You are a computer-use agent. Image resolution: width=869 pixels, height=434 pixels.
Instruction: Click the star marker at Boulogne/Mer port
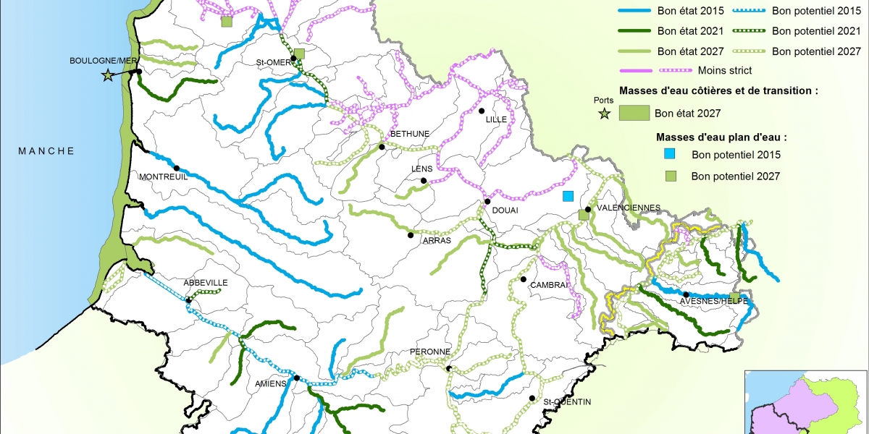108,75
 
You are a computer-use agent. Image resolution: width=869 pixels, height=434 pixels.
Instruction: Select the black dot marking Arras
411,235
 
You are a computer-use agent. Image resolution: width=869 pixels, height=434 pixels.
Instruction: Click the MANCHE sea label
46,151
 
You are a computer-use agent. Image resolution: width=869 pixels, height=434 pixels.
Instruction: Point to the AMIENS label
272,385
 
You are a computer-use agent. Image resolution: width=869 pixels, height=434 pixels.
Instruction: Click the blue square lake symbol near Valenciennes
568,196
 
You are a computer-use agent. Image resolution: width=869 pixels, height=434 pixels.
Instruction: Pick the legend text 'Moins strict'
725,70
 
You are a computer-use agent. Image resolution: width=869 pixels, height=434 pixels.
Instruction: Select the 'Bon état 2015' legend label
690,12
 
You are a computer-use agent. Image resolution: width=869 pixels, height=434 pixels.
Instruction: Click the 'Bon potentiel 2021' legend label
816,32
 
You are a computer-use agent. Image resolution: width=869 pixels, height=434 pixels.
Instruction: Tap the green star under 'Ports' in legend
603,113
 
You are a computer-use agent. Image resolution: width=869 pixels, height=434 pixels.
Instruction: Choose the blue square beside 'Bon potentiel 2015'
670,153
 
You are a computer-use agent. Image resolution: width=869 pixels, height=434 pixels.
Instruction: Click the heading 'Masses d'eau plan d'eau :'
721,136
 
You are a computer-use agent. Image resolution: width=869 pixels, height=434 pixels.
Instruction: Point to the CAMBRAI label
547,285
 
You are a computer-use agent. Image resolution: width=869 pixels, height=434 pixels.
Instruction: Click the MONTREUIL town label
162,176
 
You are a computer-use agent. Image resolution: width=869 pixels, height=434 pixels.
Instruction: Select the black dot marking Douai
488,202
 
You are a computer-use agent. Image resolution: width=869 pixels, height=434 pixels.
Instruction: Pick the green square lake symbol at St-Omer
299,54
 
